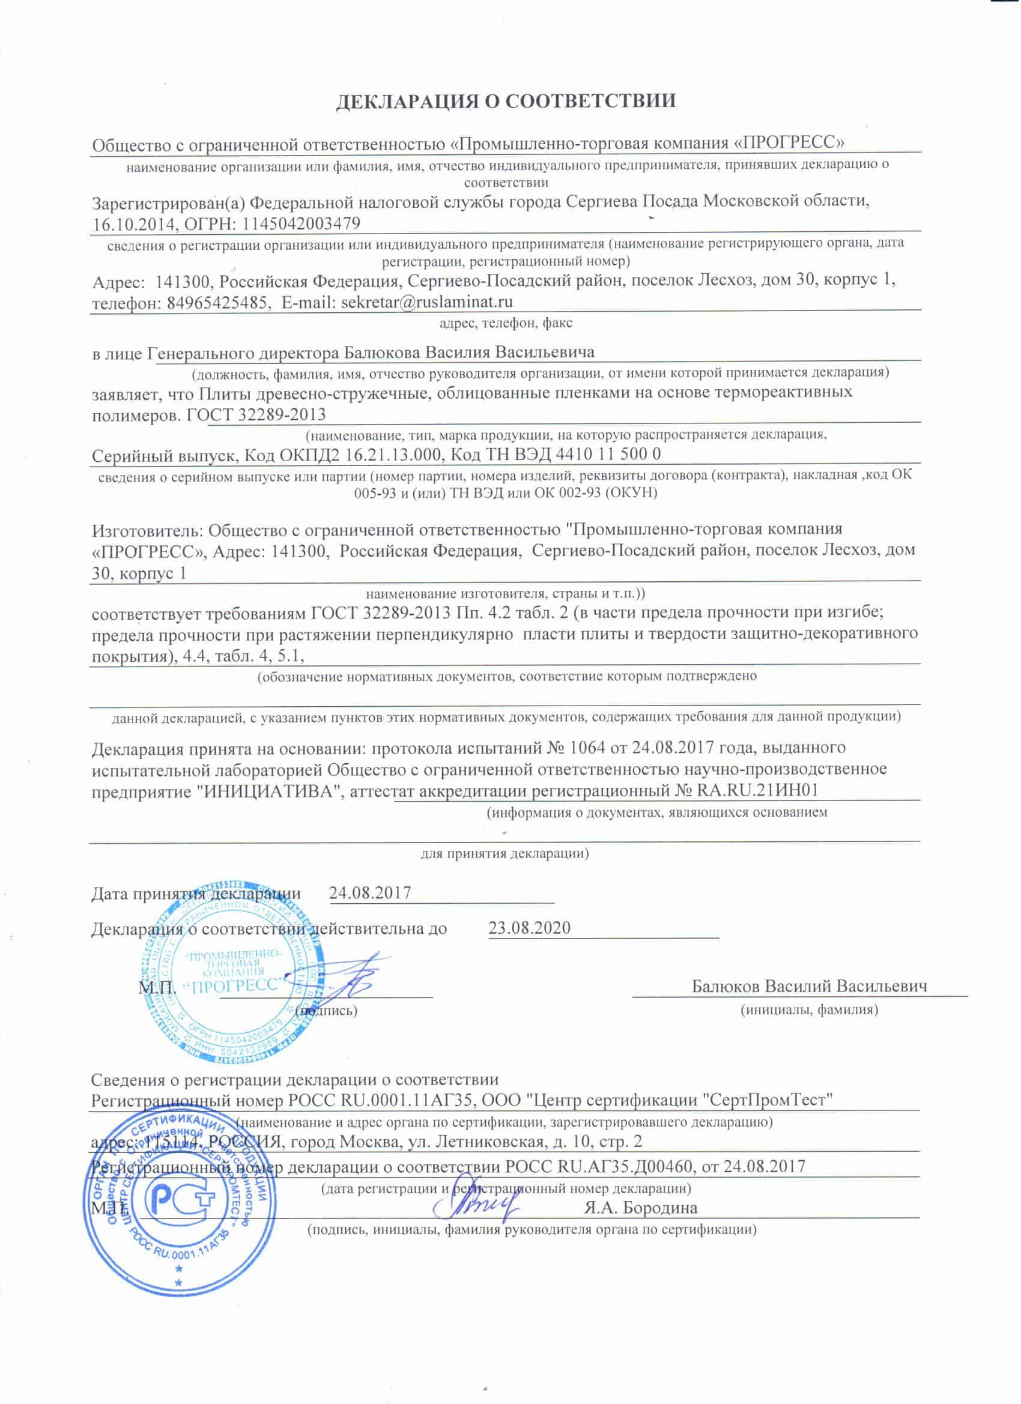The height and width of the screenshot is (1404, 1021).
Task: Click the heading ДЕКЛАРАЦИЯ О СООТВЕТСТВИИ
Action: [x=506, y=101]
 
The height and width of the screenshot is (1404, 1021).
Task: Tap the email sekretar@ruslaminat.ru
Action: [x=426, y=302]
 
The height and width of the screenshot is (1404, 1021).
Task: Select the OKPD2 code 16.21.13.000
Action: [x=391, y=455]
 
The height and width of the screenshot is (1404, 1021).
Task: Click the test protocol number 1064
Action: [x=584, y=747]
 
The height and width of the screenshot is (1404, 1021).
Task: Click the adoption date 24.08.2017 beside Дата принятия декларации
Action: [x=370, y=893]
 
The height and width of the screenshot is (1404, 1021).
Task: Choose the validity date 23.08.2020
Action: [x=529, y=928]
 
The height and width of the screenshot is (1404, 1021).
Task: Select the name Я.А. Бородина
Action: [x=640, y=1207]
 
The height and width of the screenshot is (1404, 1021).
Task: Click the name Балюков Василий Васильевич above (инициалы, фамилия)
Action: [x=809, y=986]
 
